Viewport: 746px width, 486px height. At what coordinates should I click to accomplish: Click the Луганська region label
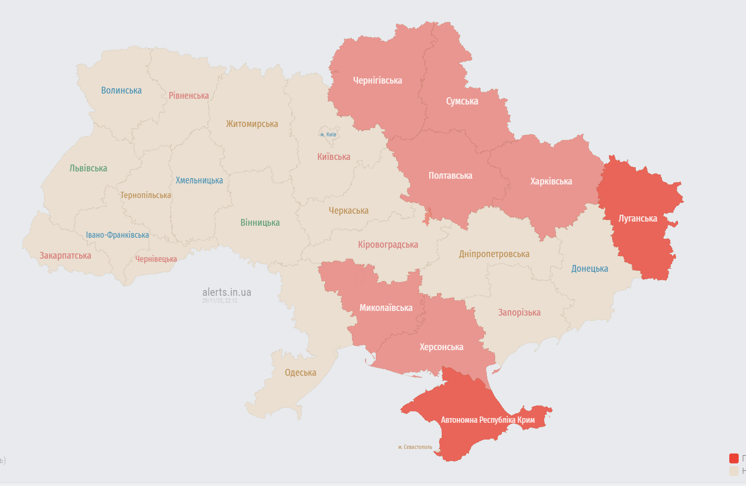coord(638,218)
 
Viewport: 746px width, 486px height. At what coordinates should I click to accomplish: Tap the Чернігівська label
coord(377,80)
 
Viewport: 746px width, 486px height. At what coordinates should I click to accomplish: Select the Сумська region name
coord(462,101)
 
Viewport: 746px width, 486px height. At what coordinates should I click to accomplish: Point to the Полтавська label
coord(450,176)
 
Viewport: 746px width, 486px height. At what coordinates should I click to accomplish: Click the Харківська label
coord(551,181)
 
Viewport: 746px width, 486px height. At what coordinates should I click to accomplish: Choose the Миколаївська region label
coord(386,308)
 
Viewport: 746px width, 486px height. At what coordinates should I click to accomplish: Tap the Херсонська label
coord(441,347)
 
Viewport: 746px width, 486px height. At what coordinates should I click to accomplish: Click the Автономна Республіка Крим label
coord(487,420)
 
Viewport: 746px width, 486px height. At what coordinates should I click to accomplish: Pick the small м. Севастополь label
coord(415,447)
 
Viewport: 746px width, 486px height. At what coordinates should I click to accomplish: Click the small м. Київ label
coord(328,134)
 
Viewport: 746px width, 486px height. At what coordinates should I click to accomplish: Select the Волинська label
coord(121,90)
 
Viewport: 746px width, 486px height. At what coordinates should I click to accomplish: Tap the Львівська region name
coord(88,168)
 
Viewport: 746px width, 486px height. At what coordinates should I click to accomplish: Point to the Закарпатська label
coord(65,256)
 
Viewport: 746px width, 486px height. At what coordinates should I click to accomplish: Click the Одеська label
coord(300,373)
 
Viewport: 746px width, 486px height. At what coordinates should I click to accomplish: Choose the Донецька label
coord(590,269)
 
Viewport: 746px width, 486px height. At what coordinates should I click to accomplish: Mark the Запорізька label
coord(519,313)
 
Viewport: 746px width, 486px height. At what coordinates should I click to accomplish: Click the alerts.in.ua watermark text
coord(226,292)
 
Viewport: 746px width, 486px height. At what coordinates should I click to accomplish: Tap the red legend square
coord(734,458)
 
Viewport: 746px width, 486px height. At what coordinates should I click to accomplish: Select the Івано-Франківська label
coord(117,235)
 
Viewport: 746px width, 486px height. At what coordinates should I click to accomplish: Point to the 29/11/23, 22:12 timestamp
coord(220,301)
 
